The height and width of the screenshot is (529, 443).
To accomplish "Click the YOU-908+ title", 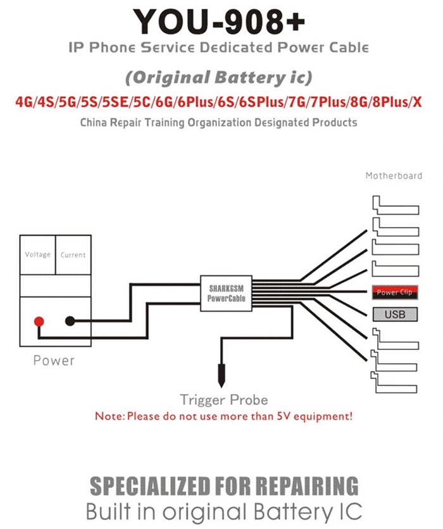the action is click(219, 22).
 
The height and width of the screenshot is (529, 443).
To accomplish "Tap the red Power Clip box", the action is click(395, 292).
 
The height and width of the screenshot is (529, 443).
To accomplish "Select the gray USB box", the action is click(395, 314).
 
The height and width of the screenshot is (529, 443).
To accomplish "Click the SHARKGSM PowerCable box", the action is click(226, 293).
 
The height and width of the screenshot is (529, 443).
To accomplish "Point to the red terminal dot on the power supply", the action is click(39, 321).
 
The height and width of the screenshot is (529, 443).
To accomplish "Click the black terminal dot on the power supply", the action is click(70, 321).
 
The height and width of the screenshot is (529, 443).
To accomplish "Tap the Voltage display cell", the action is click(37, 255).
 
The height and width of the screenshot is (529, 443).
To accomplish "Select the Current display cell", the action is click(73, 255).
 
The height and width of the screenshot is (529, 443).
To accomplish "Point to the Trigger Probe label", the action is click(224, 400).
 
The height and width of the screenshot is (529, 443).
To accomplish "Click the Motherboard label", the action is click(394, 176).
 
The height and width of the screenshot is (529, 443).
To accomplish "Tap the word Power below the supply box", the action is click(54, 361).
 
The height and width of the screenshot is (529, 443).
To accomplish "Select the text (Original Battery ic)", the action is click(218, 78).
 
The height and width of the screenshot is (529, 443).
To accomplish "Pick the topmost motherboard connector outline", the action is click(396, 205).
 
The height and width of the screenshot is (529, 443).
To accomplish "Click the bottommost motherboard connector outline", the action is click(394, 382).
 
